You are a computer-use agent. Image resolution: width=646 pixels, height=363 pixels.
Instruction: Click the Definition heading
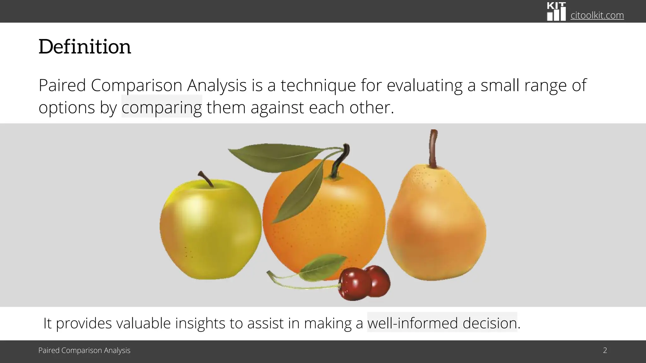85,47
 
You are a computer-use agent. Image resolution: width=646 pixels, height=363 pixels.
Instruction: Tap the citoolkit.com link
597,15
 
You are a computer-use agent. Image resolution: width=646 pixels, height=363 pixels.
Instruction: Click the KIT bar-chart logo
556,12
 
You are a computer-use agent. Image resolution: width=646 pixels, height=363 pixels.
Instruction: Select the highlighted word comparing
161,107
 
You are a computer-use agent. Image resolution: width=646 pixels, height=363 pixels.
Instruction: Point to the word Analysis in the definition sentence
217,85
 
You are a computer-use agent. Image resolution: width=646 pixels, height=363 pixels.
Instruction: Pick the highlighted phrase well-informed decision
442,323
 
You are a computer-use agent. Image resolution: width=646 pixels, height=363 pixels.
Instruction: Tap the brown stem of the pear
434,148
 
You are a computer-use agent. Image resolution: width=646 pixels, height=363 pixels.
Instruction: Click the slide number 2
605,350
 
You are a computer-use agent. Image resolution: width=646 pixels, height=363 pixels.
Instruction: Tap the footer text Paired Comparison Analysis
84,350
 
